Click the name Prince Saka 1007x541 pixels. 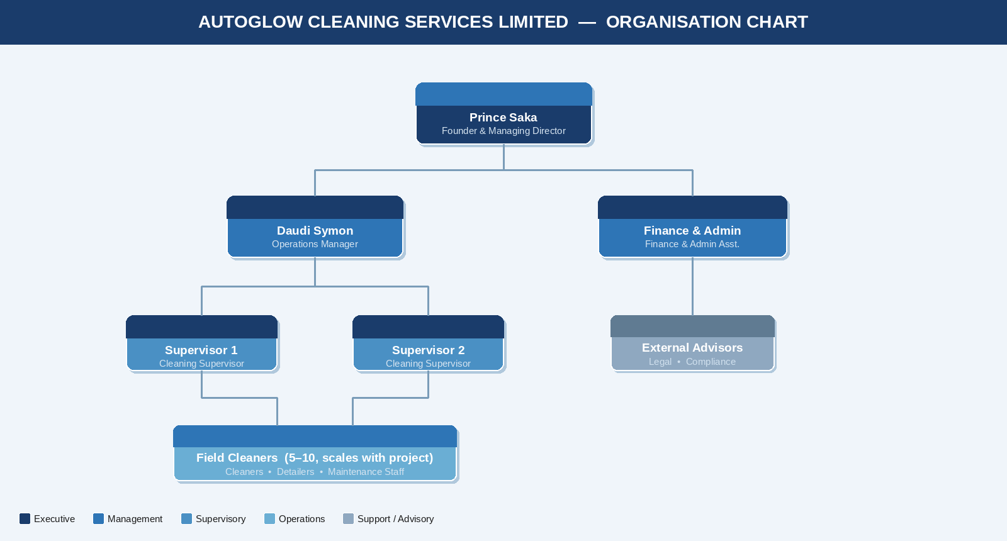pyautogui.click(x=503, y=118)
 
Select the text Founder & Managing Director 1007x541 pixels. pyautogui.click(x=503, y=131)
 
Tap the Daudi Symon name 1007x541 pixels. pyautogui.click(x=315, y=231)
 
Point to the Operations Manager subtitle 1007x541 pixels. pyautogui.click(x=315, y=244)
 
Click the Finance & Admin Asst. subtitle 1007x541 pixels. pyautogui.click(x=692, y=244)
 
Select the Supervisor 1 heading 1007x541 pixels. pyautogui.click(x=201, y=350)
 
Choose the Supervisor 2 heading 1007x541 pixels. pyautogui.click(x=428, y=350)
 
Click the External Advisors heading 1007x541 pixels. pyautogui.click(x=692, y=348)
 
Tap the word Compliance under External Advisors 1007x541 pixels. pyautogui.click(x=711, y=362)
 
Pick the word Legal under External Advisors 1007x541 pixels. pyautogui.click(x=660, y=362)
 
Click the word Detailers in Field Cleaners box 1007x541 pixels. pyautogui.click(x=295, y=472)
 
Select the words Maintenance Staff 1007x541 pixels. pyautogui.click(x=366, y=472)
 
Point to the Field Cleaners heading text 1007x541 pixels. pyautogui.click(x=314, y=458)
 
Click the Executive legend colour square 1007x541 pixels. pyautogui.click(x=25, y=519)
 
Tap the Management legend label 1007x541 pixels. pyautogui.click(x=135, y=519)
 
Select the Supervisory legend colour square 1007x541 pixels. pyautogui.click(x=186, y=519)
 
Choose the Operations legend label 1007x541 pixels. pyautogui.click(x=301, y=519)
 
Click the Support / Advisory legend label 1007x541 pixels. pyautogui.click(x=395, y=519)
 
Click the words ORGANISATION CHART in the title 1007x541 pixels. pyautogui.click(x=706, y=22)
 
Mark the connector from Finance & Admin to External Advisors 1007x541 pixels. pyautogui.click(x=692, y=286)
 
